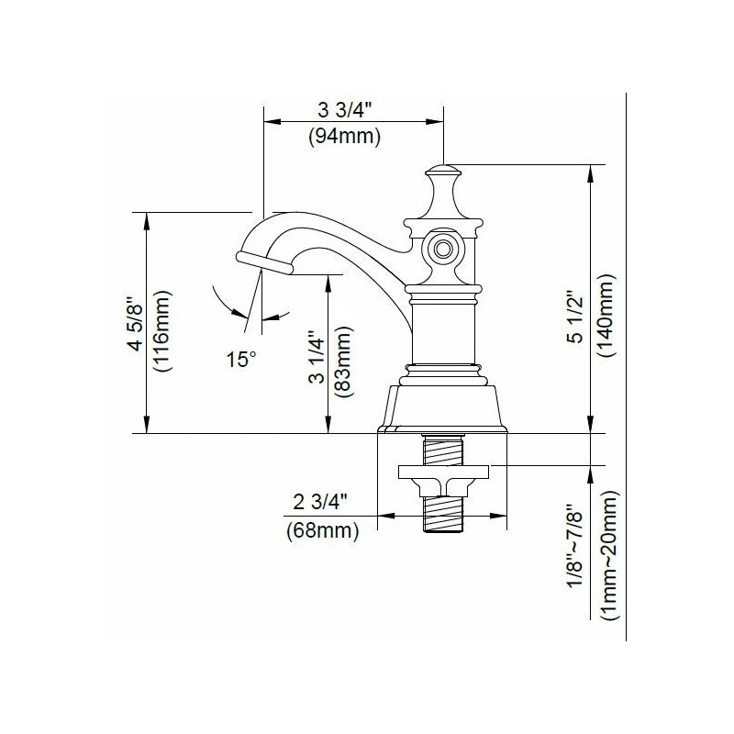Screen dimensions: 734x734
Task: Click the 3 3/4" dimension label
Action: [344, 111]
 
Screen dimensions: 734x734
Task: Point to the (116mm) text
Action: [162, 330]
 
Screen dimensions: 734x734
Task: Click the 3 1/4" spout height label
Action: [317, 361]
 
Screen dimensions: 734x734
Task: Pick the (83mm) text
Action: [343, 361]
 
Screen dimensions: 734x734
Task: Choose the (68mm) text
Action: [320, 528]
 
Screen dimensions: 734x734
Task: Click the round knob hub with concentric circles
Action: [443, 248]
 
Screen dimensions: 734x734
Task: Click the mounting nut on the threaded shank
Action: [444, 476]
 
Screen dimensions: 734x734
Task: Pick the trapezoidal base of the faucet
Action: [444, 408]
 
